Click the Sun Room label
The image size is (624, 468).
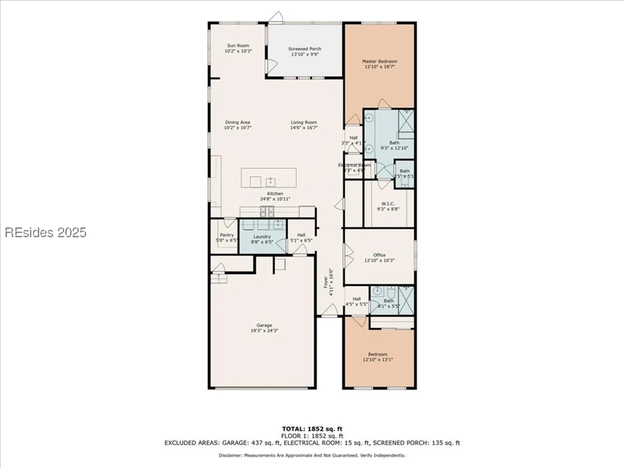(x=238, y=46)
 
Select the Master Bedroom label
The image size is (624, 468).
(x=379, y=61)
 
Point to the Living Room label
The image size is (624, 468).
(x=304, y=122)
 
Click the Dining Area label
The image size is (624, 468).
(x=237, y=122)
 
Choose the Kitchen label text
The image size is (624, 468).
(x=275, y=193)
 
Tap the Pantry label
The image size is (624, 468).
(x=227, y=235)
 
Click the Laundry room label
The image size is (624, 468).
(x=262, y=237)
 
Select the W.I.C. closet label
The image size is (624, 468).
(x=388, y=204)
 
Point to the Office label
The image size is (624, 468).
(x=379, y=255)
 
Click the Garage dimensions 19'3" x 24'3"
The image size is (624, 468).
(x=264, y=330)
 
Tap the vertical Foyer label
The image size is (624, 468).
(x=326, y=282)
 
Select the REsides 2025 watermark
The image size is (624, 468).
(x=46, y=233)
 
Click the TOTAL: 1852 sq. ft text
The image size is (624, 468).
(x=312, y=429)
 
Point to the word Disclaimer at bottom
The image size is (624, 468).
(x=230, y=456)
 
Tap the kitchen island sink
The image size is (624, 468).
(x=270, y=182)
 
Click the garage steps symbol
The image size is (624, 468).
(x=219, y=278)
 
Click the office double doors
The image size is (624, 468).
(x=348, y=256)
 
